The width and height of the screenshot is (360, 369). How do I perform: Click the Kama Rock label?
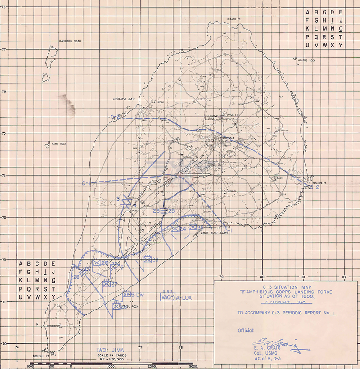click(59, 143)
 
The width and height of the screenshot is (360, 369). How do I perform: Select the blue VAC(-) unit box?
click(168, 296)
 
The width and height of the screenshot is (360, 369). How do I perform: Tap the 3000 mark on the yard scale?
click(193, 366)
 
